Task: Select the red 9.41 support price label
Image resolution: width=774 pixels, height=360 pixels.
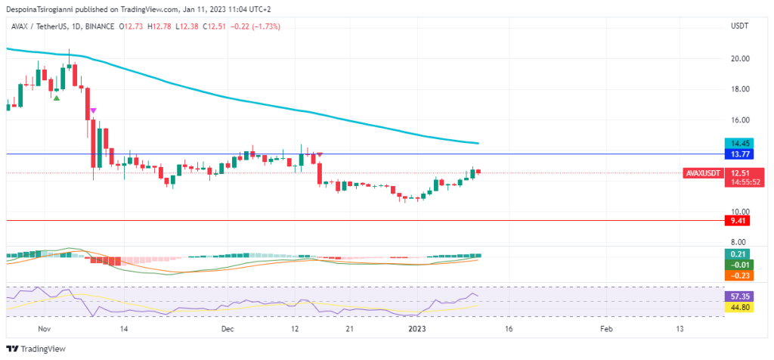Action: [x=735, y=221]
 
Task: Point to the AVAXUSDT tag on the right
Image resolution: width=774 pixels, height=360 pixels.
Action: [x=702, y=173]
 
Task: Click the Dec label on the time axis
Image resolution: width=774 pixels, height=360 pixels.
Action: [x=228, y=329]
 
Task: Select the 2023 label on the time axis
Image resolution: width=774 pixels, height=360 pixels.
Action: [x=416, y=329]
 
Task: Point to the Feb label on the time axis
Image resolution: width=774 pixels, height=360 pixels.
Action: [x=606, y=329]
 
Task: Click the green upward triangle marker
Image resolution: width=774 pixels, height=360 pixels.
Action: [x=56, y=97]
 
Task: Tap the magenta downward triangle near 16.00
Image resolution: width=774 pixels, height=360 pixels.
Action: [x=93, y=111]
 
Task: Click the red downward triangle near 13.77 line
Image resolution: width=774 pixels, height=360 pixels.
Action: [x=320, y=154]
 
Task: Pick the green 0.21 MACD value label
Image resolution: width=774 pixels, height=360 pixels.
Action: [x=735, y=254]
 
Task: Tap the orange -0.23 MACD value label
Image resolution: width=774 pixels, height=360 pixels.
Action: [x=735, y=275]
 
